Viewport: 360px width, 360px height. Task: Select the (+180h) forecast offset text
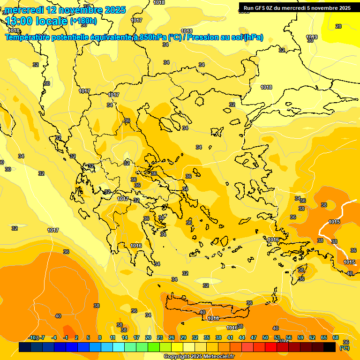(83, 21)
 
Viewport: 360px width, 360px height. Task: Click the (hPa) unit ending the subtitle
(253, 37)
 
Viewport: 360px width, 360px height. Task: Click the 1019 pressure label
(312, 37)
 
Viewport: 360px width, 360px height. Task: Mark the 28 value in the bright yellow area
(338, 27)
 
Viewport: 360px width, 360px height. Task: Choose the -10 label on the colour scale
(33, 337)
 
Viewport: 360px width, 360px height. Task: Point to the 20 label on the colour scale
(148, 337)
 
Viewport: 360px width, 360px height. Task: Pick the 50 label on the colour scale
(265, 337)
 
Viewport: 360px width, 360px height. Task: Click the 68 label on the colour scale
(336, 337)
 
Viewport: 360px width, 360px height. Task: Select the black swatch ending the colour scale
(330, 347)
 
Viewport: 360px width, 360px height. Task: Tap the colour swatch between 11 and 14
(119, 347)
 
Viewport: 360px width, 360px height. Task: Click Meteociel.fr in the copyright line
(216, 356)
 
